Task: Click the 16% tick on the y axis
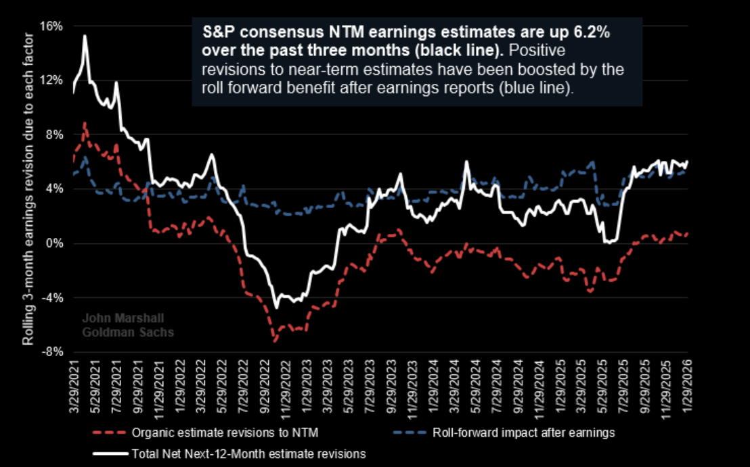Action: click(52, 26)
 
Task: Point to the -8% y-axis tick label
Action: click(53, 352)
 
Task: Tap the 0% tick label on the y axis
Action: click(56, 243)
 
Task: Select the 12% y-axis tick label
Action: click(52, 80)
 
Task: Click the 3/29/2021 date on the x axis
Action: click(75, 383)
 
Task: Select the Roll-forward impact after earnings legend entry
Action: click(521, 433)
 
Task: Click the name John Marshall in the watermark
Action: click(114, 318)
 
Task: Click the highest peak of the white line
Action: click(85, 36)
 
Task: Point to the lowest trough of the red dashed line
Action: click(275, 341)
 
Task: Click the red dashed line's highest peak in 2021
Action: click(84, 123)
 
